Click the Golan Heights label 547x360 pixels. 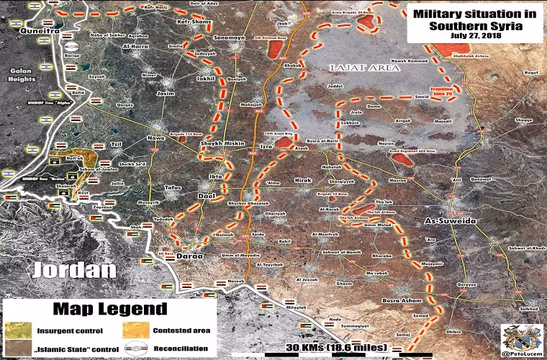[21, 75]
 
